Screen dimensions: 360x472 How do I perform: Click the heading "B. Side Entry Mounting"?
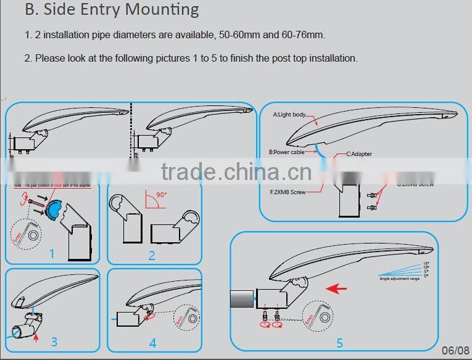(112, 10)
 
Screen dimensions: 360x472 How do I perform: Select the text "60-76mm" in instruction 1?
(302, 35)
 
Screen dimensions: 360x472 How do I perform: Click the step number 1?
(52, 253)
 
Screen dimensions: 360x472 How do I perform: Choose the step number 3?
(54, 341)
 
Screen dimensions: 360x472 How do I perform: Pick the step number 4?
(152, 342)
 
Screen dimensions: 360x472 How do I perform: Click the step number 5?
(339, 343)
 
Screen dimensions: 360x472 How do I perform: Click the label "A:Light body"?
(289, 115)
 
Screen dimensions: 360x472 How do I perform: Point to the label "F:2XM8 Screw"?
(288, 192)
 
